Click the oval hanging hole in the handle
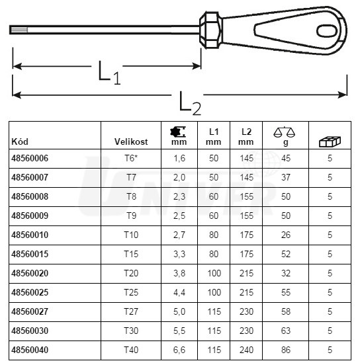327,30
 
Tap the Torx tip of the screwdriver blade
19,30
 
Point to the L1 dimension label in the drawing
109,73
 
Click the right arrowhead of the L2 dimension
343,95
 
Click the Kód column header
20,141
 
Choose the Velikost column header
131,141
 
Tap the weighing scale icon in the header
285,132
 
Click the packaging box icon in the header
330,141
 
